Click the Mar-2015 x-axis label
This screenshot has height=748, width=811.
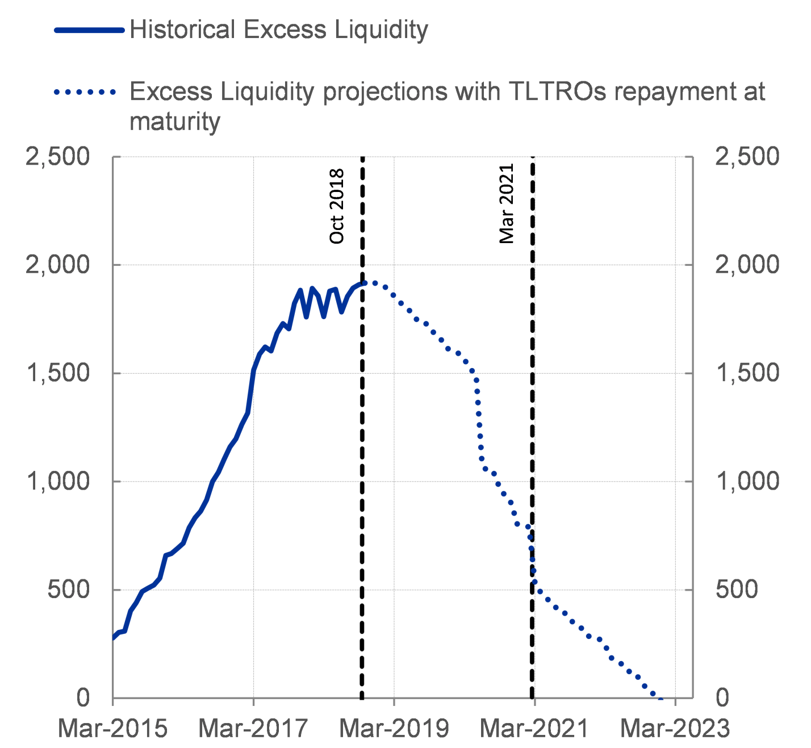coord(113,728)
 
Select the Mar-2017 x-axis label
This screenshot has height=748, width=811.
coord(253,728)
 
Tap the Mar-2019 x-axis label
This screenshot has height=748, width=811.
coord(394,728)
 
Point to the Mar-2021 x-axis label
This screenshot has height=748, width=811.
coord(534,728)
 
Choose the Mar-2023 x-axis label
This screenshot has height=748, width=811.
coord(675,728)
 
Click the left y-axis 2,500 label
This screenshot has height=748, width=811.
coord(57,157)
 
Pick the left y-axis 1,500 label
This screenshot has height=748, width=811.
coord(57,373)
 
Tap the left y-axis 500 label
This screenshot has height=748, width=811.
coord(68,590)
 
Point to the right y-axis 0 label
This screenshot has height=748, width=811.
coord(722,697)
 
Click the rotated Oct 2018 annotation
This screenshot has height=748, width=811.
coord(337,206)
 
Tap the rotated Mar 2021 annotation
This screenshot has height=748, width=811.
coord(507,204)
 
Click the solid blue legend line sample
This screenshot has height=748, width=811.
coord(89,30)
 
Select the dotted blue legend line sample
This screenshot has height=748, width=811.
coord(85,91)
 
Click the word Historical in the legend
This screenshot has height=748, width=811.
coord(182,30)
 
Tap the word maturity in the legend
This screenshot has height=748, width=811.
coord(175,122)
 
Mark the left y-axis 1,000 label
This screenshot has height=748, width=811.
coord(57,482)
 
